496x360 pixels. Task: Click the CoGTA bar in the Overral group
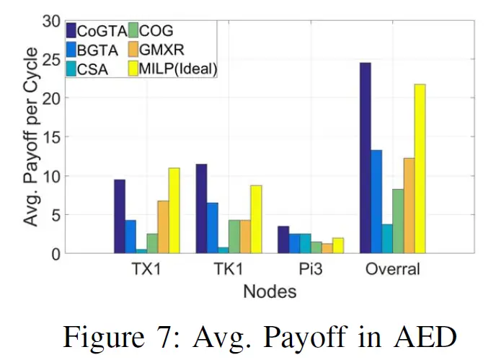[365, 158]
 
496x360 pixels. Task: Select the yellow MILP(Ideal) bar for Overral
[420, 169]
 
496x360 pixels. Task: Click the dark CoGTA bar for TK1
[201, 208]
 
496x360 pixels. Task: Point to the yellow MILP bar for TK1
[256, 219]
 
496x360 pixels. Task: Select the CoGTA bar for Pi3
[283, 240]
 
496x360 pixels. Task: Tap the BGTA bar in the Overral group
[376, 201]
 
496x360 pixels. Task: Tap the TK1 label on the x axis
[229, 270]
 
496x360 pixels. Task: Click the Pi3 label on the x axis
[311, 270]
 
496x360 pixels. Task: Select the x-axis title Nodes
[270, 291]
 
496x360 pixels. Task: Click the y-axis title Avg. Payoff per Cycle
[30, 136]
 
